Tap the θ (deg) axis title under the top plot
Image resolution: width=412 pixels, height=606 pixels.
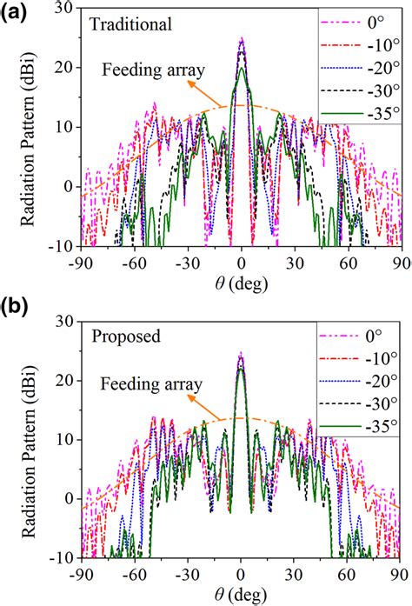point(240,282)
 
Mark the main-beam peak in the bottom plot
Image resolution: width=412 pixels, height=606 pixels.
point(241,354)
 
